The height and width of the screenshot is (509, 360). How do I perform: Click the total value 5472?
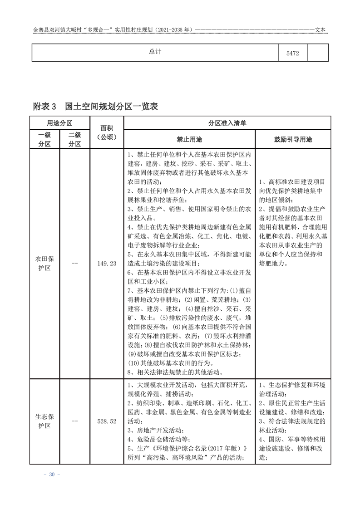(x=292, y=53)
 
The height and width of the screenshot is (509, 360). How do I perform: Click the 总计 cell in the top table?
(x=155, y=52)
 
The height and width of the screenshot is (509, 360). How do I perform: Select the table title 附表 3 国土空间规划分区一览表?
(x=95, y=107)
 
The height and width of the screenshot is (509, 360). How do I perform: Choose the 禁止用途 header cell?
(x=189, y=139)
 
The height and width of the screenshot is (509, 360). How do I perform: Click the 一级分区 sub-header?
(x=44, y=139)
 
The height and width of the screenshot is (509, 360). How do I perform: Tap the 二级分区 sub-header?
(x=74, y=139)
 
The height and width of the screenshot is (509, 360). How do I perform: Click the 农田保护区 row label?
(x=44, y=263)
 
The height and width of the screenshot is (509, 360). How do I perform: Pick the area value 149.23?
(x=107, y=264)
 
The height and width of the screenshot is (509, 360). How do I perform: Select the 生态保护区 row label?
(x=44, y=421)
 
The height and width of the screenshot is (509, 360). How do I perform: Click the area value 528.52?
(x=107, y=421)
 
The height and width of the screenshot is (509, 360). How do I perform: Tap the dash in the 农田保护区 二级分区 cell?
(x=74, y=264)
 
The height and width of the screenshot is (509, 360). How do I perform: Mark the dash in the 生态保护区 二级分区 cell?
(x=74, y=421)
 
